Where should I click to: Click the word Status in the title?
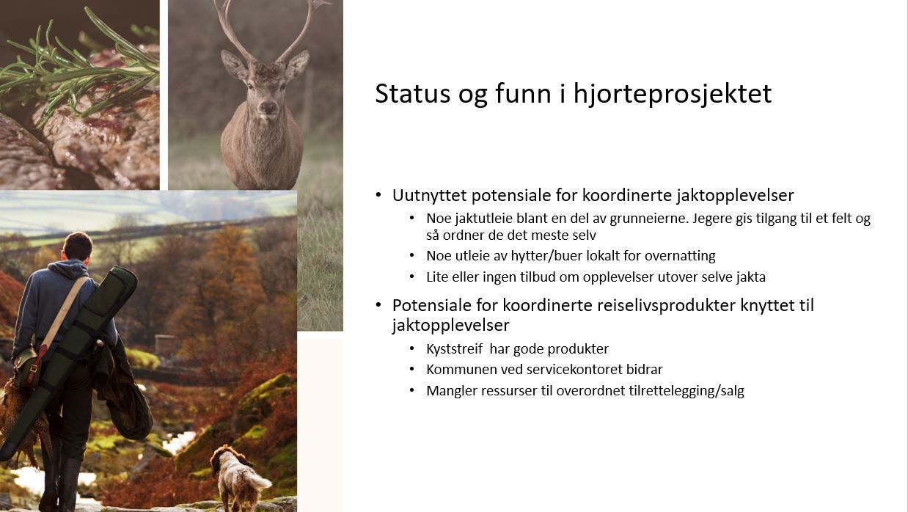click(412, 94)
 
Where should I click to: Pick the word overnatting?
click(680, 256)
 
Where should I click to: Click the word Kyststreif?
click(455, 349)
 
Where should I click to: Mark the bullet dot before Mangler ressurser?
click(412, 390)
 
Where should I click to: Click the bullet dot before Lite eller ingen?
click(412, 277)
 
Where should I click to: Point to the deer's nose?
click(268, 107)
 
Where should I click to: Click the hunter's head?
click(78, 248)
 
